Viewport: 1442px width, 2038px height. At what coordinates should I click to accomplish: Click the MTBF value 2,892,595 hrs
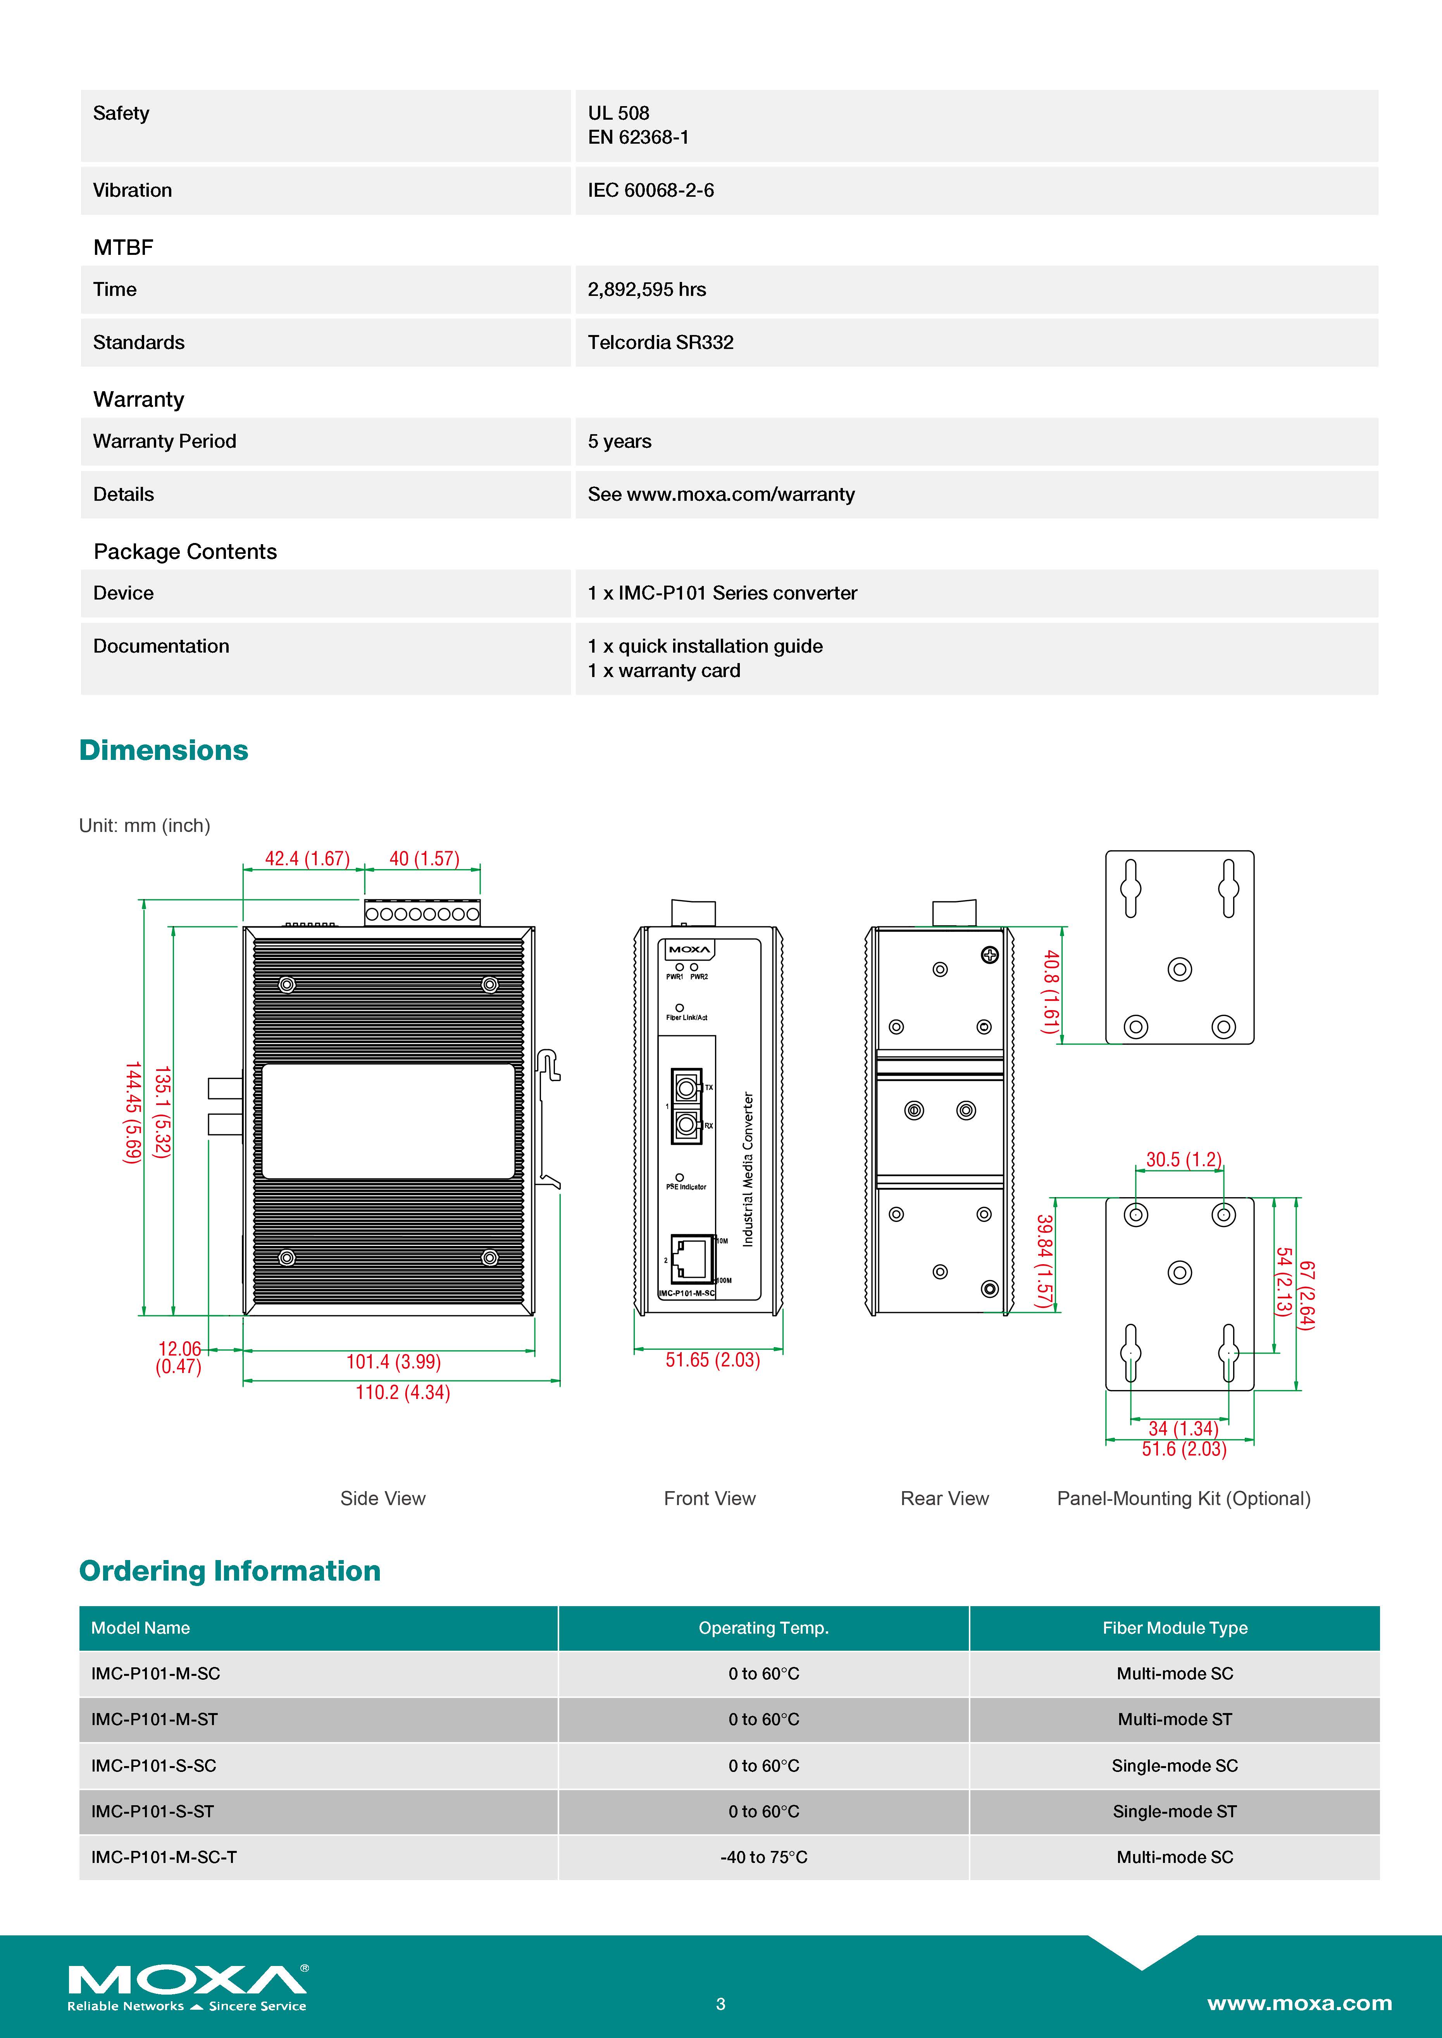tap(646, 289)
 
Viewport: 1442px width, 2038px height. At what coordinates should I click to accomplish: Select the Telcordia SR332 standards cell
tap(661, 343)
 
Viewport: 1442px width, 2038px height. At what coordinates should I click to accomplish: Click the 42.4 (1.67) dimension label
tap(307, 858)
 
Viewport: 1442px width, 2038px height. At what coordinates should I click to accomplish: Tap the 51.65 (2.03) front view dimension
tap(712, 1360)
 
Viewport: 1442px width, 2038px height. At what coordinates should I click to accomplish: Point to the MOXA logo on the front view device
tap(689, 950)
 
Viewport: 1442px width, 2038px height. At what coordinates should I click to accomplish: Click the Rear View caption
tap(944, 1498)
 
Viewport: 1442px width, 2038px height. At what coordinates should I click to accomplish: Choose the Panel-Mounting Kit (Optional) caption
tap(1183, 1498)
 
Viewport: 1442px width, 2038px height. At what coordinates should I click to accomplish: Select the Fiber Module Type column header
tap(1174, 1628)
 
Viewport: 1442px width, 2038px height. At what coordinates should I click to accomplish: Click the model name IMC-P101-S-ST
tap(153, 1812)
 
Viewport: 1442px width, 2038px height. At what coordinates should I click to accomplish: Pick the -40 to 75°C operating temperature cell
tap(763, 1857)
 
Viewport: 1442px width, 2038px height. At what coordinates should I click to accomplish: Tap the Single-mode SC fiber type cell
tap(1174, 1765)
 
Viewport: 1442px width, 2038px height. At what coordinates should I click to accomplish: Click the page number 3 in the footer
tap(720, 2004)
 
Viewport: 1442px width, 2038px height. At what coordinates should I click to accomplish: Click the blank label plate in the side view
tap(388, 1121)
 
